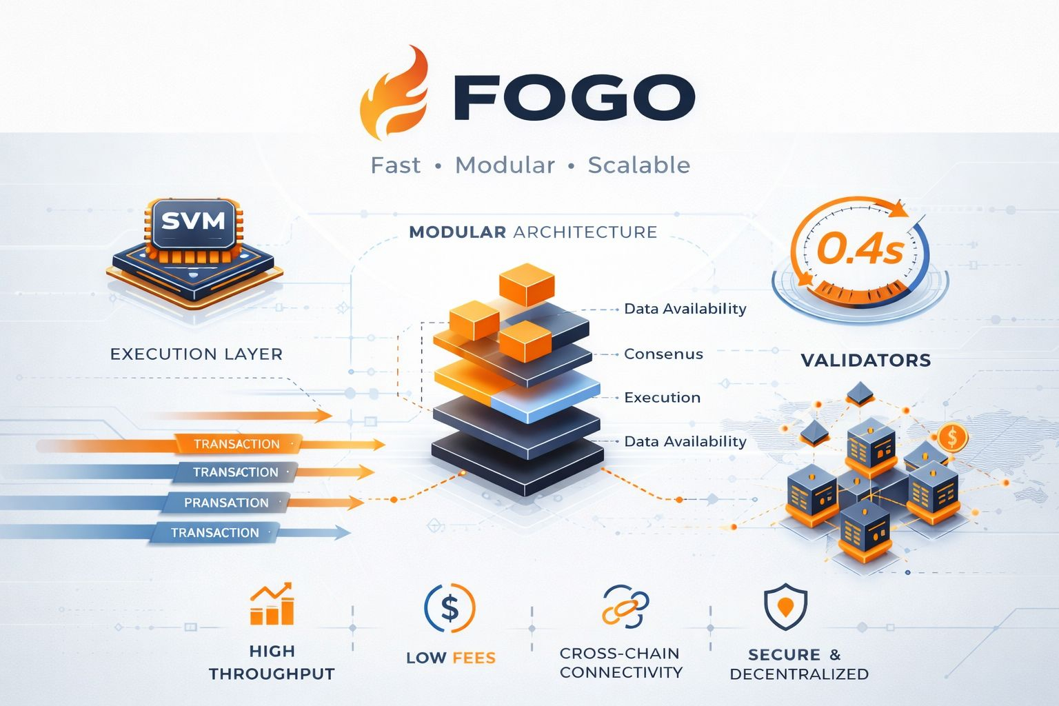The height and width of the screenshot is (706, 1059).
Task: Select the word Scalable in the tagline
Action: [638, 165]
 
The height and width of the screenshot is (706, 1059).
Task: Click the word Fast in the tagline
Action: [396, 165]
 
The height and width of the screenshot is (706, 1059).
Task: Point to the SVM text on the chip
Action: [193, 221]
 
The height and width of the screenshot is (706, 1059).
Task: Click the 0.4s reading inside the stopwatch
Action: [860, 250]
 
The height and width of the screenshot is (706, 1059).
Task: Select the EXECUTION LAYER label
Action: [196, 354]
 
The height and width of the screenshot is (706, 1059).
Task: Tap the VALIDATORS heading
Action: [866, 360]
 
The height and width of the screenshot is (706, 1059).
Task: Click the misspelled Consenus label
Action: [663, 354]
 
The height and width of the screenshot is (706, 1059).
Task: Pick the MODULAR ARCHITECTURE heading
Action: [533, 232]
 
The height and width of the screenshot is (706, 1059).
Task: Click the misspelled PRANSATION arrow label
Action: [226, 503]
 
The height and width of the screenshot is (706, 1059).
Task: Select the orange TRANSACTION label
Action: [236, 444]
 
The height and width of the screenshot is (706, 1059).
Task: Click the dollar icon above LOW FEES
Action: [450, 608]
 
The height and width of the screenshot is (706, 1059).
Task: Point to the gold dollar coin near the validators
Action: [953, 436]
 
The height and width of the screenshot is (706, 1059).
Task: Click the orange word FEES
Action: [474, 658]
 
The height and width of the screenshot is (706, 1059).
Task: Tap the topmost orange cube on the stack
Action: [527, 283]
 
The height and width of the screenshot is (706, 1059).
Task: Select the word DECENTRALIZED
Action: [799, 674]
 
